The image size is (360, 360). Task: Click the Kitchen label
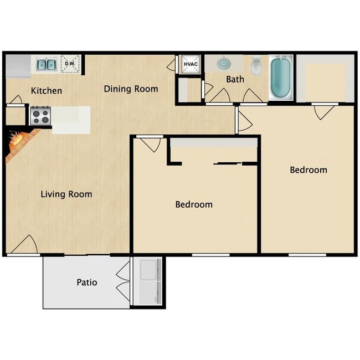(47, 90)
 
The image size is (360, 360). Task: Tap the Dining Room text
(131, 89)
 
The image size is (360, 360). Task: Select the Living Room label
(66, 194)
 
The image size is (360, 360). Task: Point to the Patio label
(87, 282)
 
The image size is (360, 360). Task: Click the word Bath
(235, 79)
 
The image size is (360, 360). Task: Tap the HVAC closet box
(191, 64)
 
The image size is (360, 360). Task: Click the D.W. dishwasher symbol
(70, 64)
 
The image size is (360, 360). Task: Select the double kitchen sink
(47, 64)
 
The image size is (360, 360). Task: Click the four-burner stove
(40, 116)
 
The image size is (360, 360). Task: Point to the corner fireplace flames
(16, 139)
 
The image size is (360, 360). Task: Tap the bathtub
(281, 78)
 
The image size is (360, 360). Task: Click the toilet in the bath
(256, 65)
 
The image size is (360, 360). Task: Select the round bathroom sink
(223, 63)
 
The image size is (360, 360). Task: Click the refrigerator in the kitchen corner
(18, 66)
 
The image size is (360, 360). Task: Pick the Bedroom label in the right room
(308, 170)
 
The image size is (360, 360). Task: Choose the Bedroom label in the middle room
(194, 204)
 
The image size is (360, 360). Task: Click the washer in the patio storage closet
(148, 270)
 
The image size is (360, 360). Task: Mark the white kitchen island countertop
(71, 120)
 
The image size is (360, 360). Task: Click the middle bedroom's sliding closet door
(227, 163)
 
